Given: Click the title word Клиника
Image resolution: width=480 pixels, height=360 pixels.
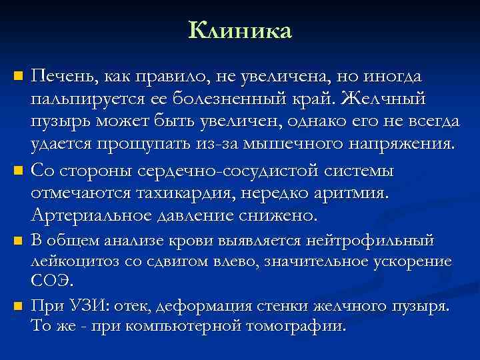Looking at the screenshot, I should (x=240, y=31).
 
